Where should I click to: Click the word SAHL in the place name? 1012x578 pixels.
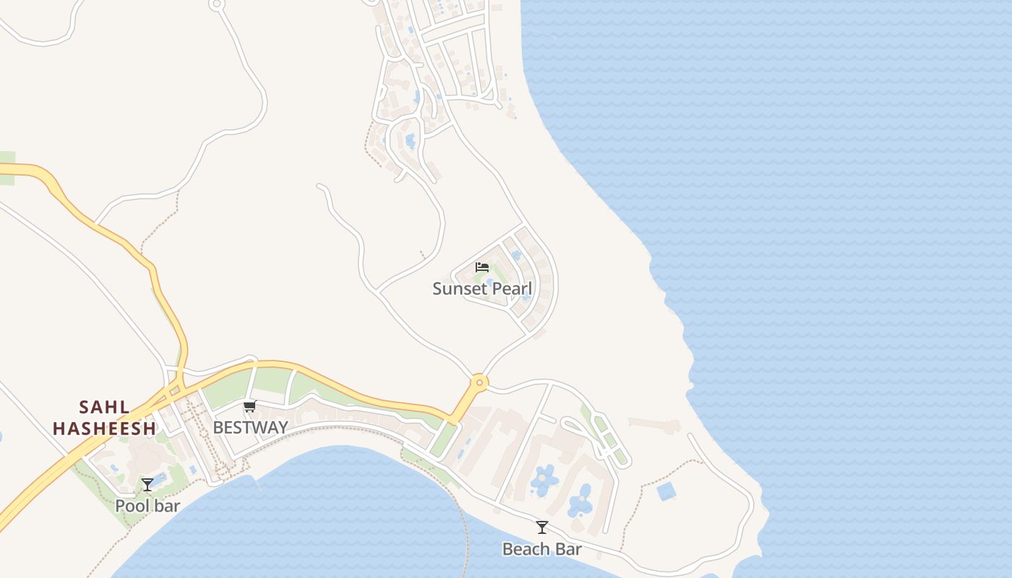tap(105, 407)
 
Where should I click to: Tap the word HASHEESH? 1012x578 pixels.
tap(105, 428)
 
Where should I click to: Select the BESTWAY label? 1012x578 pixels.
tap(250, 427)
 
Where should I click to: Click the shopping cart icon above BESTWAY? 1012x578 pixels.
tap(250, 407)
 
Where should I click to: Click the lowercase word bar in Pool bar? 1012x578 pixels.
tap(168, 506)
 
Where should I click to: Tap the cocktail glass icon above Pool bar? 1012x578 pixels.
tap(147, 485)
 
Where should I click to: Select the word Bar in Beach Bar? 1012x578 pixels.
tap(569, 549)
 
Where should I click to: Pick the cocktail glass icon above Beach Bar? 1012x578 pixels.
tap(542, 528)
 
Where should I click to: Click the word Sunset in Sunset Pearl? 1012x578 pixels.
tap(456, 289)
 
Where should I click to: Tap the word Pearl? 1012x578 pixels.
tap(509, 289)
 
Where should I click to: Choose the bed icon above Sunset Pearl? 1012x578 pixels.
tap(482, 267)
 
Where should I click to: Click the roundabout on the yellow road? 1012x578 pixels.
tap(479, 381)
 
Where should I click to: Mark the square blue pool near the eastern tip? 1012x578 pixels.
tap(666, 491)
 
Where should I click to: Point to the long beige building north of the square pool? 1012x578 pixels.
tap(654, 424)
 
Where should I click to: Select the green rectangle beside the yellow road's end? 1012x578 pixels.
tap(444, 439)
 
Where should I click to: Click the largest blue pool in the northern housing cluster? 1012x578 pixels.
tap(411, 140)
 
